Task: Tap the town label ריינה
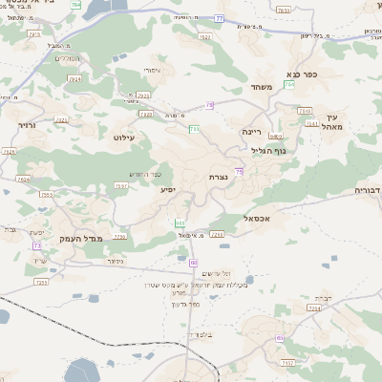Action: [x=251, y=132]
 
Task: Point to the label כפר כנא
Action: [x=301, y=74]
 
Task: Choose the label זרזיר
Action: [x=26, y=124]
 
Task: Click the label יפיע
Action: [x=167, y=191]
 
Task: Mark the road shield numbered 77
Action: [x=219, y=18]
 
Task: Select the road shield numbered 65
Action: [x=279, y=338]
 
